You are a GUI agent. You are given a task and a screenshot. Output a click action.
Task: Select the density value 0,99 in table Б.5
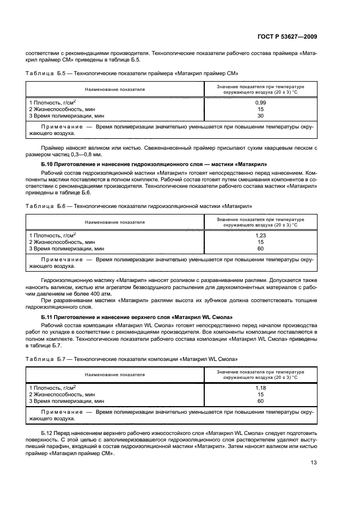click(x=260, y=102)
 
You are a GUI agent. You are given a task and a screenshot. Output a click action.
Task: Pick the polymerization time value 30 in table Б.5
click(x=260, y=115)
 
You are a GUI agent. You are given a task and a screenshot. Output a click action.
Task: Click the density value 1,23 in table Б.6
click(x=260, y=235)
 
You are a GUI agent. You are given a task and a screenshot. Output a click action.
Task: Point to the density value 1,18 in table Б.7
click(x=260, y=388)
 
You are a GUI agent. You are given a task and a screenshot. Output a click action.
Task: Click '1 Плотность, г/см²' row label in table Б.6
click(x=52, y=235)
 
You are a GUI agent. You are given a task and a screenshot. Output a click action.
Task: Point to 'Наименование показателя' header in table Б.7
click(x=115, y=375)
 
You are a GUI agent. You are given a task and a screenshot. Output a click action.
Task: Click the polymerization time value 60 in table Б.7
click(x=260, y=401)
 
